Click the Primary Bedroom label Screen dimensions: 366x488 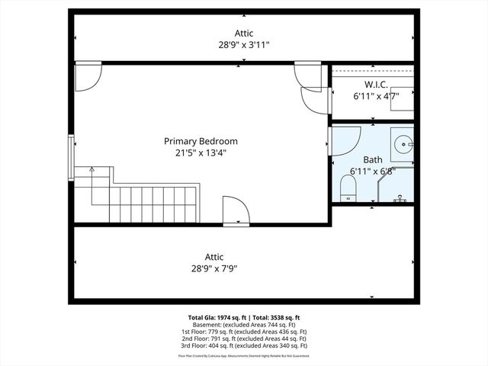click(x=201, y=141)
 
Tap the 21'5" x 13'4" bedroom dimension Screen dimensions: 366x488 click(x=201, y=152)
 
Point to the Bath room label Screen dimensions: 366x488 click(x=372, y=159)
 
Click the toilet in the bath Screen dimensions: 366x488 click(x=348, y=188)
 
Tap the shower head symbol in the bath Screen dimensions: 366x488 click(x=399, y=198)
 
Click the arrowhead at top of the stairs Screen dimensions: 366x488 click(x=92, y=169)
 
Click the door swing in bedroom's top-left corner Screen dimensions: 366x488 click(x=85, y=75)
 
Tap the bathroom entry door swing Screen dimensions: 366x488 click(x=345, y=141)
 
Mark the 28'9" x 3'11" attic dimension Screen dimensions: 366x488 click(x=243, y=45)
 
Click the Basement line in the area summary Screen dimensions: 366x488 click(x=244, y=325)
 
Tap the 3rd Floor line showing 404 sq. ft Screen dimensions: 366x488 click(x=244, y=345)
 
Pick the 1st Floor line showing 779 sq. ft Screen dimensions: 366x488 click(x=244, y=332)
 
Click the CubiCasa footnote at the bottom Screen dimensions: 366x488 click(x=244, y=355)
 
